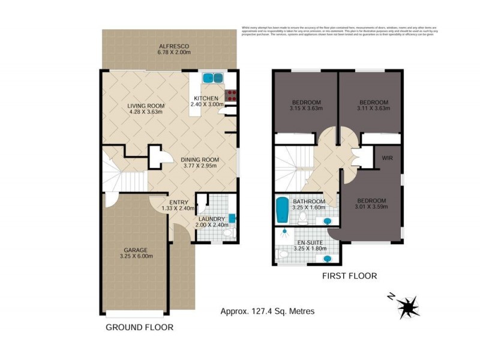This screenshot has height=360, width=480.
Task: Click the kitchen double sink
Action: (x=212, y=78)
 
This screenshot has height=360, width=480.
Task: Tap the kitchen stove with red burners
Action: (x=230, y=94)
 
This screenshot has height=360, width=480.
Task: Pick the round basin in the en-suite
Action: (x=328, y=259)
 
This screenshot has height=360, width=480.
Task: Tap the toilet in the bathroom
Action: (x=304, y=216)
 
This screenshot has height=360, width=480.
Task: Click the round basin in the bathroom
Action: (x=328, y=221)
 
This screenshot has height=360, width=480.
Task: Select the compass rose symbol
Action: (x=408, y=307)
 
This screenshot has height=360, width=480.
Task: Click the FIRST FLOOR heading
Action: (x=350, y=276)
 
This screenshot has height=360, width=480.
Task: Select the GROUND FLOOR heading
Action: (x=139, y=328)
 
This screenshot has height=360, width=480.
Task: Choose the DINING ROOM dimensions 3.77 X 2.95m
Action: (x=200, y=167)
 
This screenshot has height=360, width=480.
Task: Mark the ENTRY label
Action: (x=179, y=202)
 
